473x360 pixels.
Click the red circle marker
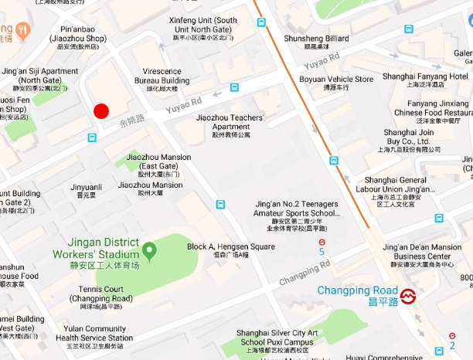101,111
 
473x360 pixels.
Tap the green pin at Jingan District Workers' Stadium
149,250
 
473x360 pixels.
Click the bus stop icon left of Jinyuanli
93,138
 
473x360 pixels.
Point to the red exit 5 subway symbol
322,242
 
